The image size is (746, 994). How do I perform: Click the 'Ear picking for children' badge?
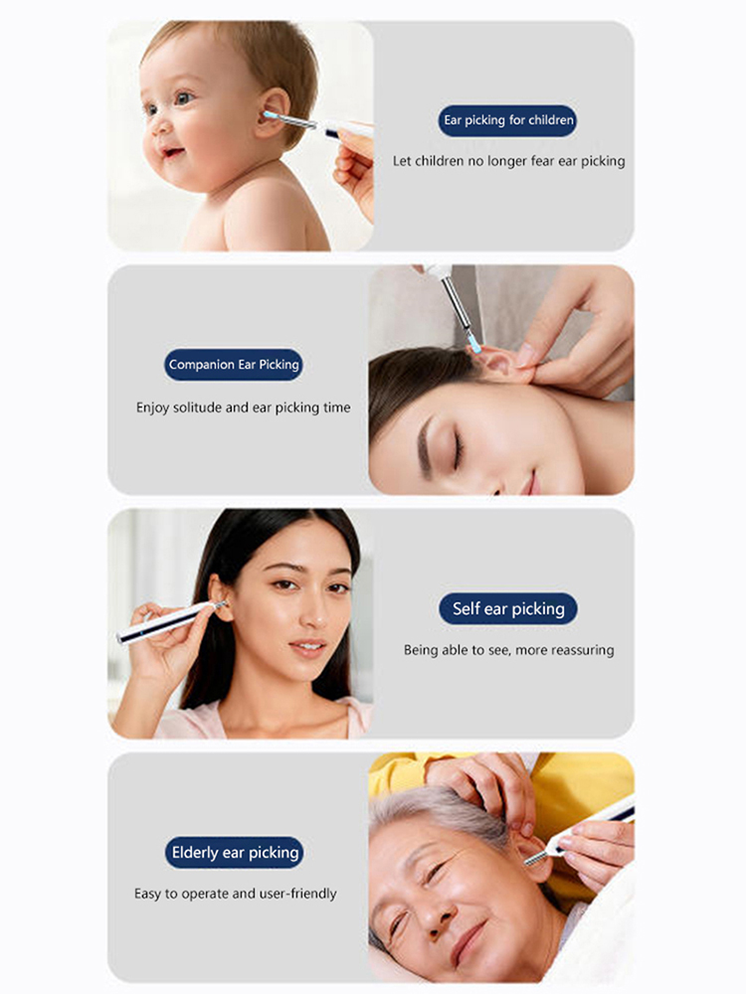pyautogui.click(x=507, y=120)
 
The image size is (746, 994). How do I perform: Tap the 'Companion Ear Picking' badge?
pyautogui.click(x=234, y=365)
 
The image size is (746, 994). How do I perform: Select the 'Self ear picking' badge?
pyautogui.click(x=508, y=608)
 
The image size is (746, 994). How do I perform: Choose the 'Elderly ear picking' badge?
pyautogui.click(x=234, y=853)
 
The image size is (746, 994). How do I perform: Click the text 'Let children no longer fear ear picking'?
pyautogui.click(x=508, y=161)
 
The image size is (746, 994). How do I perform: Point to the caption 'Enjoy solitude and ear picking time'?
pyautogui.click(x=243, y=408)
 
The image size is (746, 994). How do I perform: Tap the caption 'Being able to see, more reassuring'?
pyautogui.click(x=508, y=650)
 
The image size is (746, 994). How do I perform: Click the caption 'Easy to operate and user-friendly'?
pyautogui.click(x=236, y=894)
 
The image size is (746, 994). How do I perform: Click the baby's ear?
pyautogui.click(x=273, y=113)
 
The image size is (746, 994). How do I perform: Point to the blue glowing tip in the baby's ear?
pyautogui.click(x=269, y=115)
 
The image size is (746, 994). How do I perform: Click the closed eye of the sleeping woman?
pyautogui.click(x=458, y=450)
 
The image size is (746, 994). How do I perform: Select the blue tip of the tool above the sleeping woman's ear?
pyautogui.click(x=474, y=345)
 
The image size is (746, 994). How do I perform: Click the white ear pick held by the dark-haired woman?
pyautogui.click(x=170, y=622)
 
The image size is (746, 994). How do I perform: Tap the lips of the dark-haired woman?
pyautogui.click(x=307, y=648)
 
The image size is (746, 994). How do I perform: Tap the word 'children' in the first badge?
pyautogui.click(x=551, y=120)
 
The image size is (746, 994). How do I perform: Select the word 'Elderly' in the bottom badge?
pyautogui.click(x=195, y=853)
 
